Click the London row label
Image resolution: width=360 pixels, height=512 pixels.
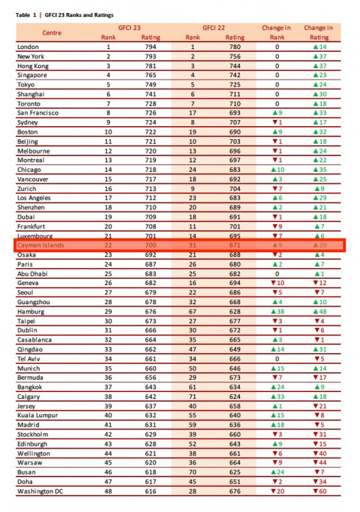[28, 46]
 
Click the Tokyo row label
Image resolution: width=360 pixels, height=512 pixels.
[26, 85]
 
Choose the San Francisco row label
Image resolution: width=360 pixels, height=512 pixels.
[37, 112]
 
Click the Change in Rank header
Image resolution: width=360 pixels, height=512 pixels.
[276, 32]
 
